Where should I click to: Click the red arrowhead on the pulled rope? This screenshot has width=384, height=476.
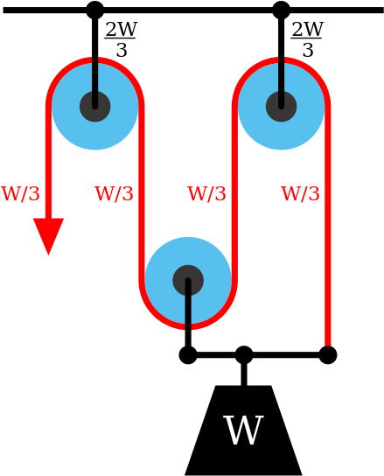point(48,234)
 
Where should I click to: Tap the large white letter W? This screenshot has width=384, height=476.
point(243,431)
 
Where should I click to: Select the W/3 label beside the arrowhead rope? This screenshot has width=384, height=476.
point(21,194)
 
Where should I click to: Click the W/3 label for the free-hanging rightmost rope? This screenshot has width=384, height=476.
point(300,194)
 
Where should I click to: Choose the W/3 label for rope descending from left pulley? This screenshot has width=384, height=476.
point(115,194)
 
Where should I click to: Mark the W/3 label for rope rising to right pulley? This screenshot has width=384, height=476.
point(207,194)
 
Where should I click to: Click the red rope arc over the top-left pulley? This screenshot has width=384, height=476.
point(66,70)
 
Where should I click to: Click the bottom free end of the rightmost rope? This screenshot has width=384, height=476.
point(328,341)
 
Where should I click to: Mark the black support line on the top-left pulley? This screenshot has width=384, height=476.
point(95,74)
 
